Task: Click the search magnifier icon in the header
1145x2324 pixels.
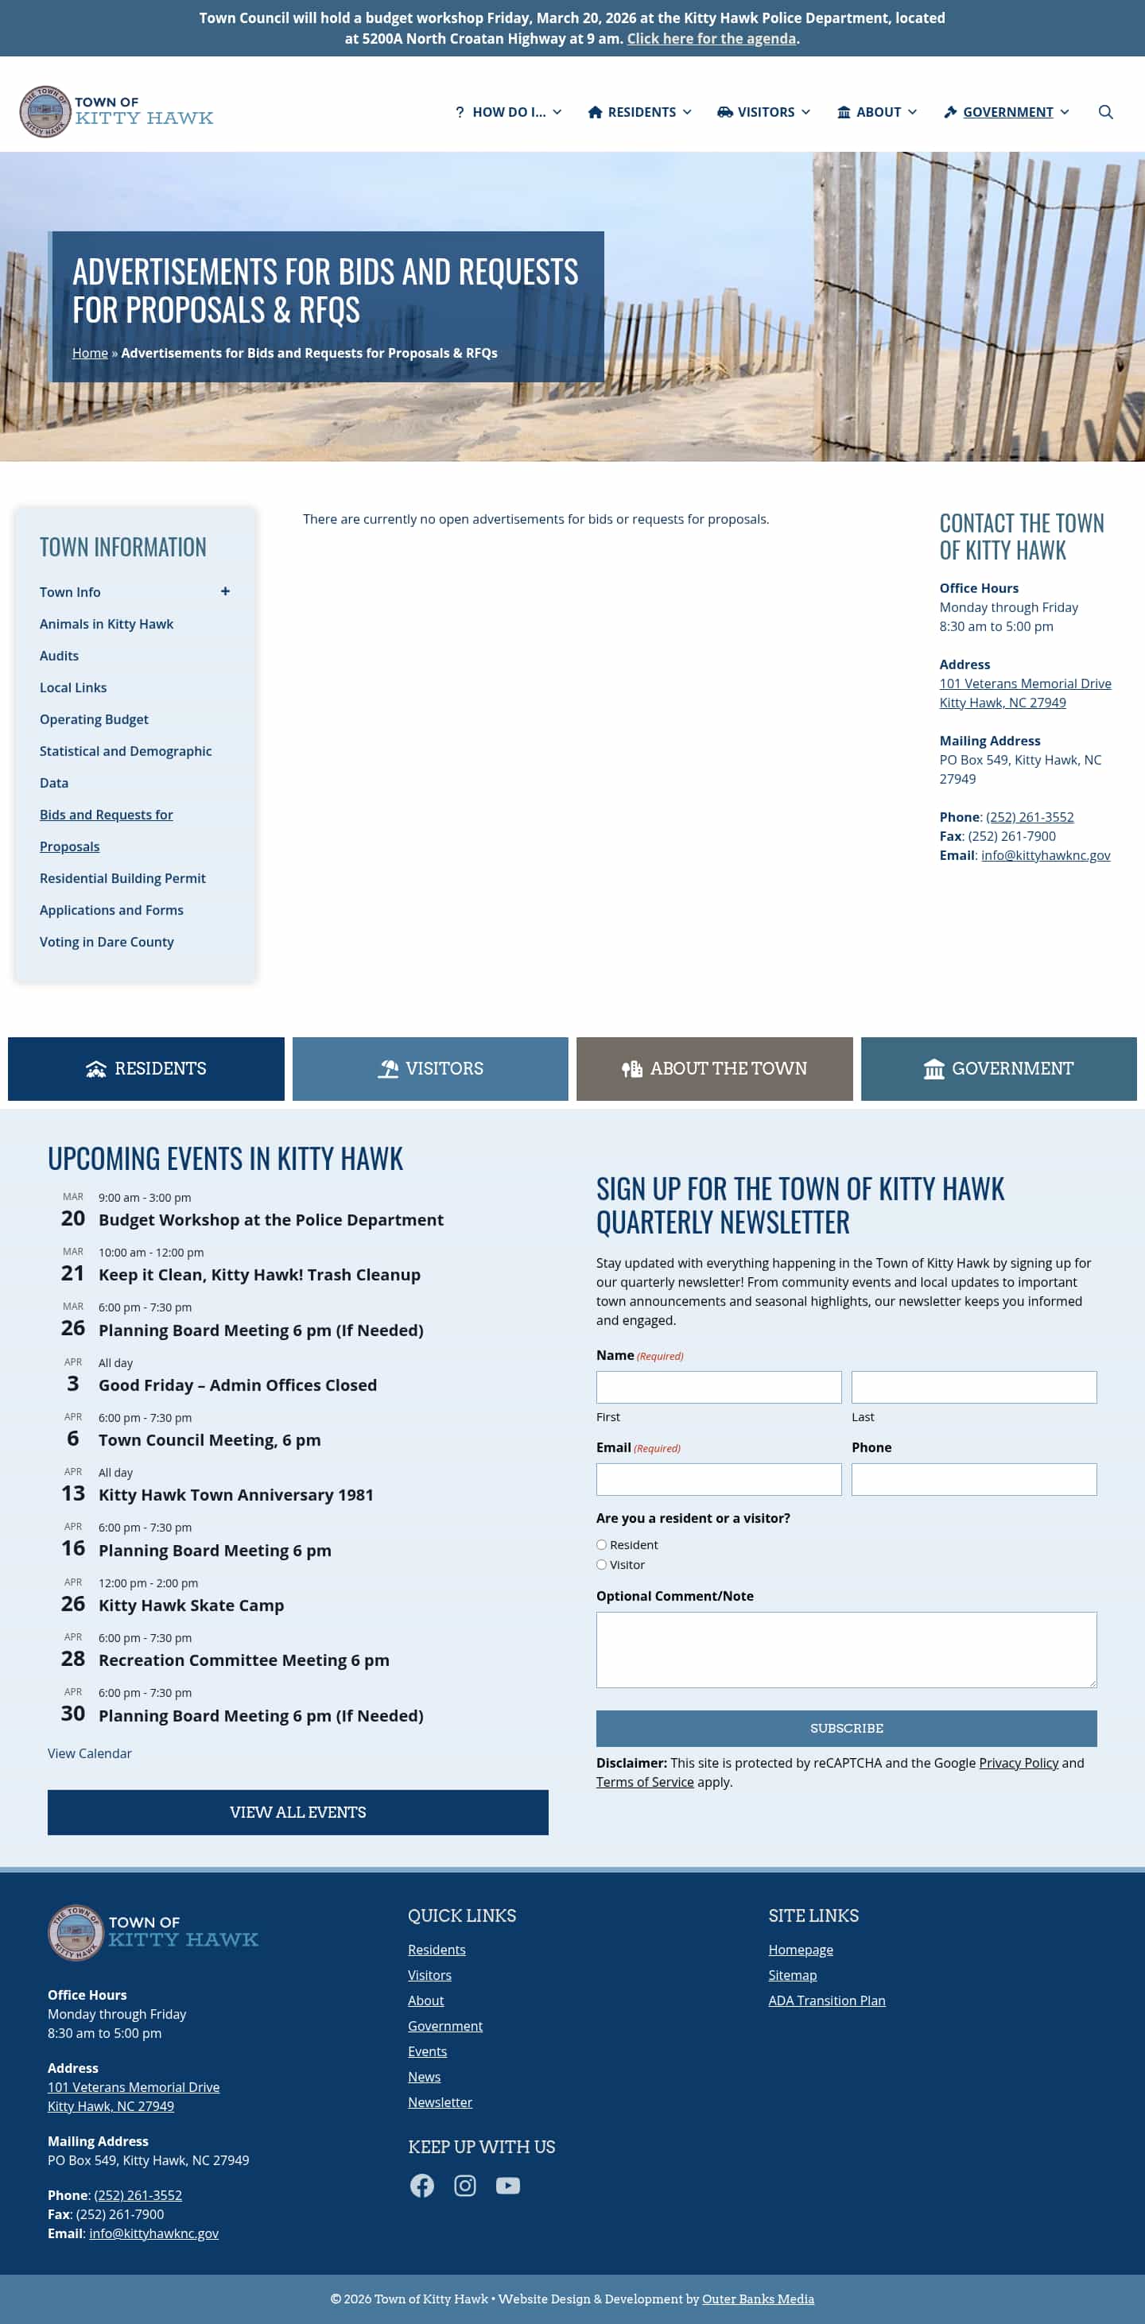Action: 1104,112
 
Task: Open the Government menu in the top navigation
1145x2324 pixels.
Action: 1006,112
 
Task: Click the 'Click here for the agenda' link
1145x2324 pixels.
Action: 711,39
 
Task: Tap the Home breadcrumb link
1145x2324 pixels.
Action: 89,353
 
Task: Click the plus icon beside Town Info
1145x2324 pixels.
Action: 225,591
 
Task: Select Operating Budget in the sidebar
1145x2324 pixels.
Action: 94,719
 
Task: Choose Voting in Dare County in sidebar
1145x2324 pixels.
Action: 107,942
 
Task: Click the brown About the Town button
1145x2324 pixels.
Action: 714,1068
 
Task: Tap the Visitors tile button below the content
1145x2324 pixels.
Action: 429,1068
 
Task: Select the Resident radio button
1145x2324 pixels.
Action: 601,1544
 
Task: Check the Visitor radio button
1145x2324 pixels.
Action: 601,1564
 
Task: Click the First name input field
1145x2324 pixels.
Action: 718,1387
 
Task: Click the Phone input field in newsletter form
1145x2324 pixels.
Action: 973,1478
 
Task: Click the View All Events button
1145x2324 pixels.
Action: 297,1811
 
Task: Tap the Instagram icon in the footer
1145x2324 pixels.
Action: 464,2185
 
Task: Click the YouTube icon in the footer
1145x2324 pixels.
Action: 508,2185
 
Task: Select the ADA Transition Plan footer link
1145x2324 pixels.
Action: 826,2001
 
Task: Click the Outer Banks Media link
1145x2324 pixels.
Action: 758,2298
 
